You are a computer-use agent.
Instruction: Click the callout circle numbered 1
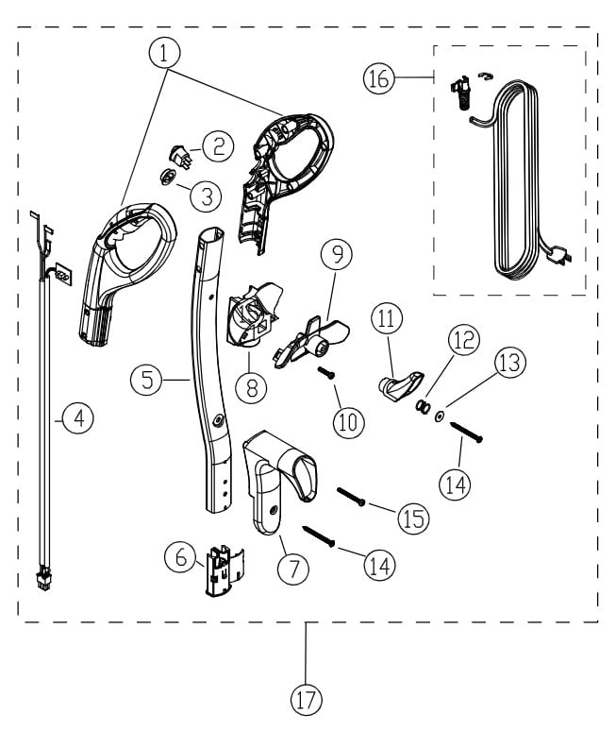tap(165, 54)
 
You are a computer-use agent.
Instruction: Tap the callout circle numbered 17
tap(306, 699)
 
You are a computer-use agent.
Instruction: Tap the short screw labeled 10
tap(330, 374)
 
